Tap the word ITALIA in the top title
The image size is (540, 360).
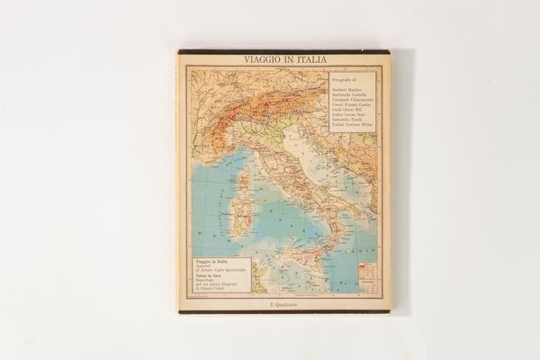tap(307, 61)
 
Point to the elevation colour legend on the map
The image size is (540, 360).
tap(366, 269)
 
